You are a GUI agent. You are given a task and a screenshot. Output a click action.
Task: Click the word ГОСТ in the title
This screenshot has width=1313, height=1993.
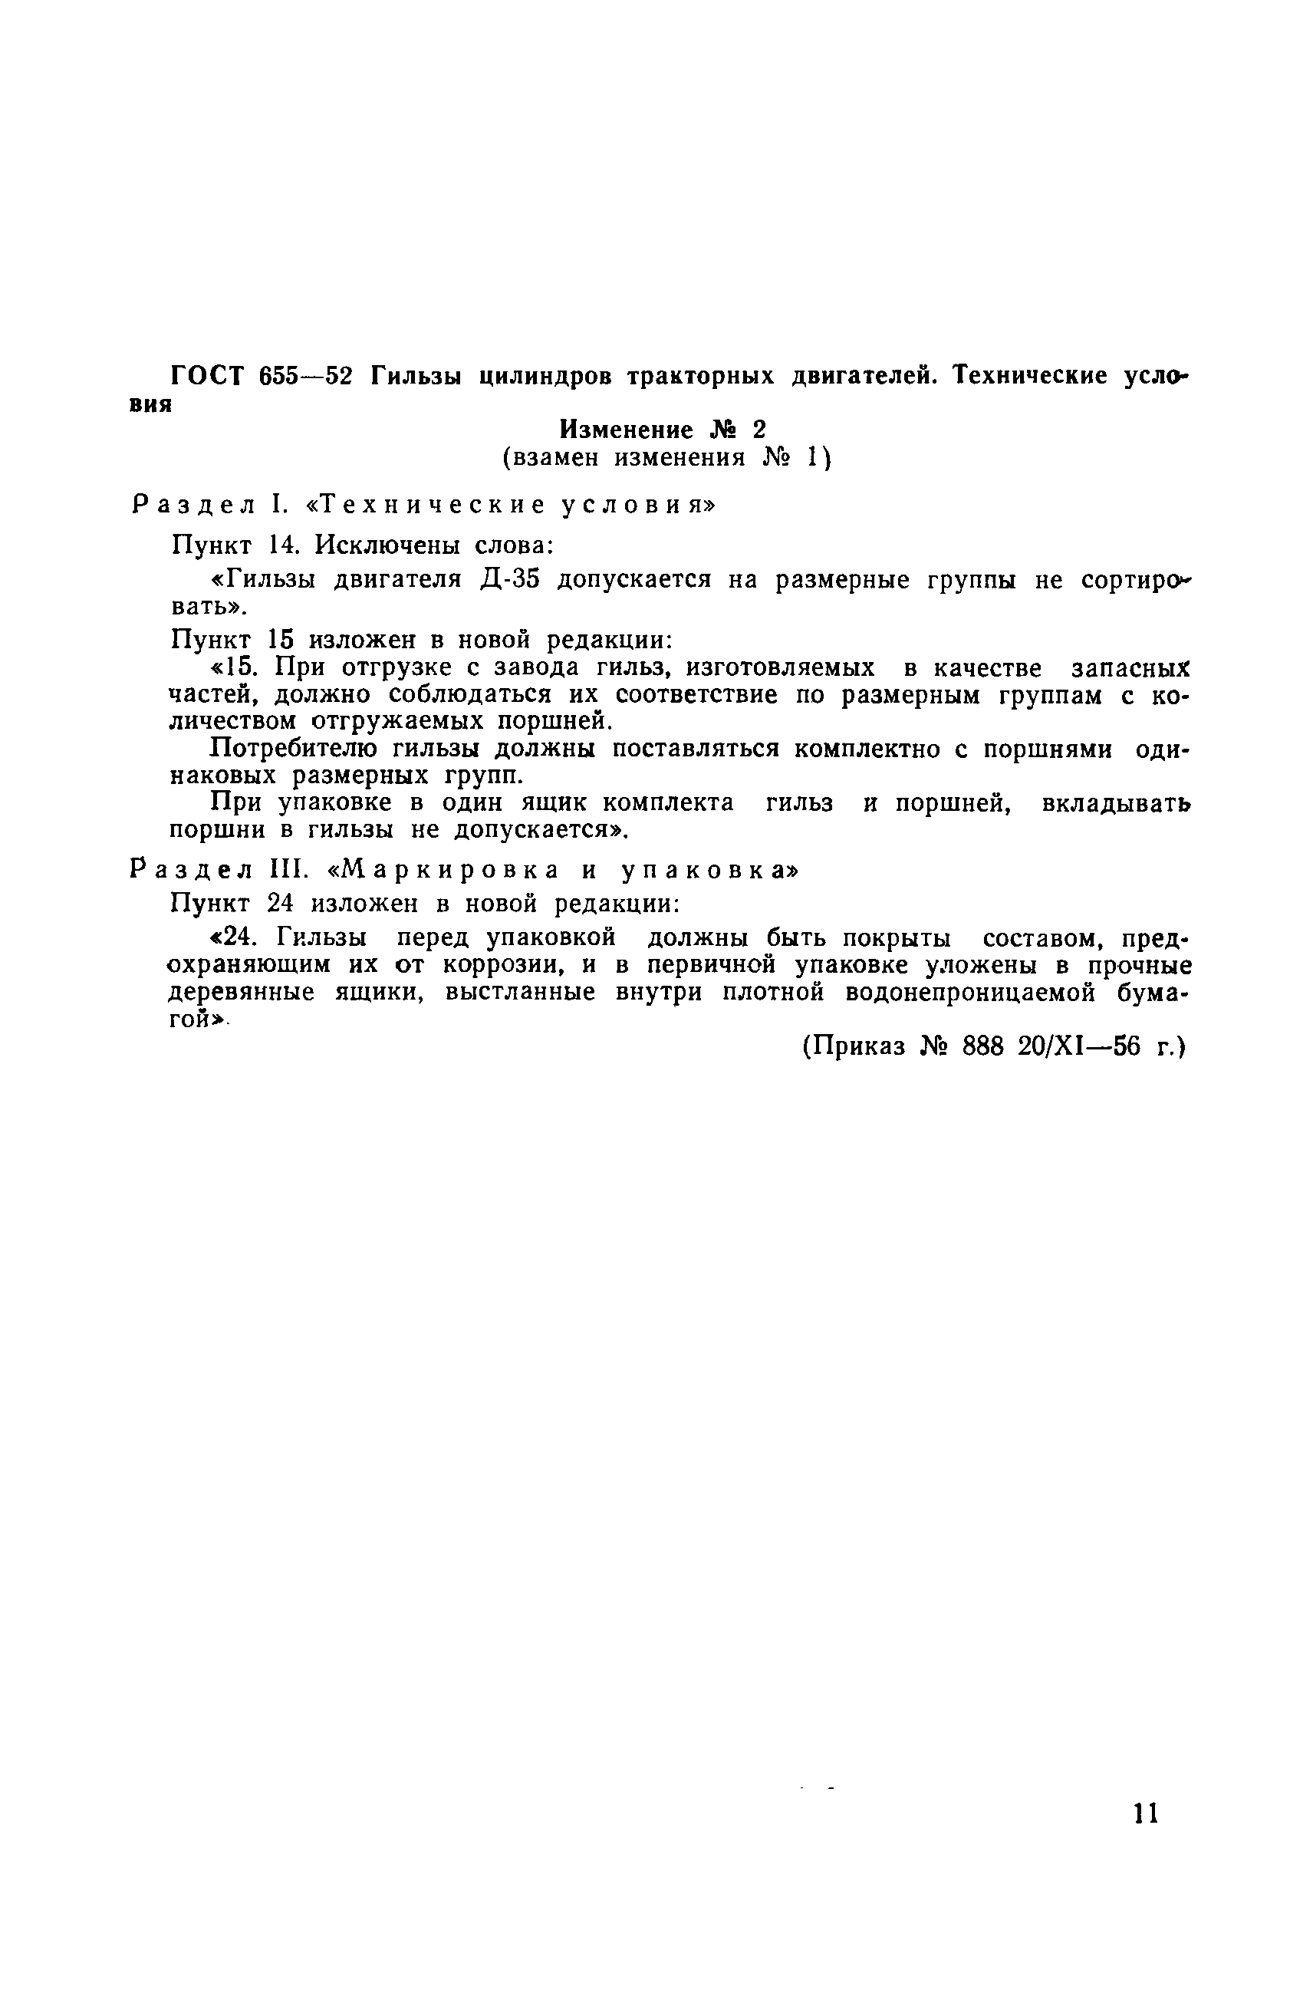[206, 376]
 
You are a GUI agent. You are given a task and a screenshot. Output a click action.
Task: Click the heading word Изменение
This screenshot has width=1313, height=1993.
[627, 430]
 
